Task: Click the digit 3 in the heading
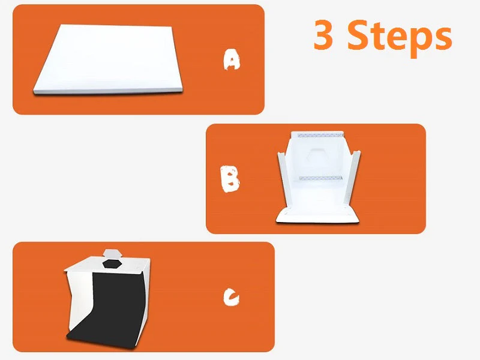click(323, 34)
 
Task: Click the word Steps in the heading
click(400, 37)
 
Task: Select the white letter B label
click(230, 179)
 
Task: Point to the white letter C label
click(231, 296)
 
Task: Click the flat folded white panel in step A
click(108, 59)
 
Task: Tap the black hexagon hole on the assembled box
click(112, 263)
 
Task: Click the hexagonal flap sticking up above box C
click(113, 253)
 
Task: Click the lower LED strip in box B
click(320, 178)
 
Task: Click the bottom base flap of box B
click(317, 215)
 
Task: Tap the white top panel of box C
click(107, 265)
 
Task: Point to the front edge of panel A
click(108, 91)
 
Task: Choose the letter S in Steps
click(359, 35)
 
